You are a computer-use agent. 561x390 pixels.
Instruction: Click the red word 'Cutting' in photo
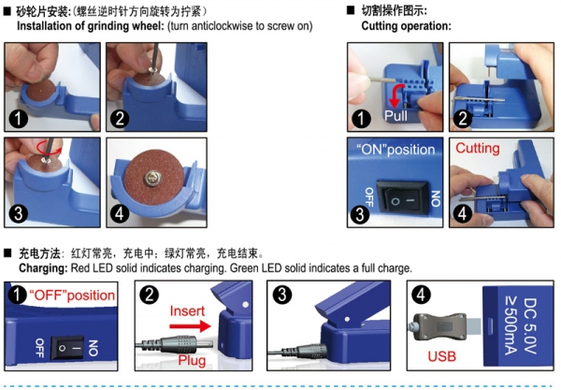pos(477,148)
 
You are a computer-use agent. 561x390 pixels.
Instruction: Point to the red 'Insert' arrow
pos(191,326)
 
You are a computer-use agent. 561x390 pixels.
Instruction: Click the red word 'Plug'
pos(192,360)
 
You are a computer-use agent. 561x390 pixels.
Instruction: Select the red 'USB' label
pos(442,356)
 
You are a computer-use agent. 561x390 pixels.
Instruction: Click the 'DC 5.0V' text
pos(529,326)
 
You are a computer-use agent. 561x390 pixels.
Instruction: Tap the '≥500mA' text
pos(511,326)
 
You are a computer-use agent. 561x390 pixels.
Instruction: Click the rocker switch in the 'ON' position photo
pos(401,198)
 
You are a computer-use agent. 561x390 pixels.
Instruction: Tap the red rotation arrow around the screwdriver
pos(49,148)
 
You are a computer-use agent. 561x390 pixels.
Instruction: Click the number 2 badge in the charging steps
pos(150,296)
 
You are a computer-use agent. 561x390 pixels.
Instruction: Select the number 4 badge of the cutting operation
pos(462,214)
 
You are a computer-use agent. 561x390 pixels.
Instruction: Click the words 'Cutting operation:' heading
pos(406,26)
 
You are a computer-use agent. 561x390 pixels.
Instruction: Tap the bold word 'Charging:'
pos(43,268)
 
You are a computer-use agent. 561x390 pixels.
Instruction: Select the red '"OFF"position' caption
pos(72,296)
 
